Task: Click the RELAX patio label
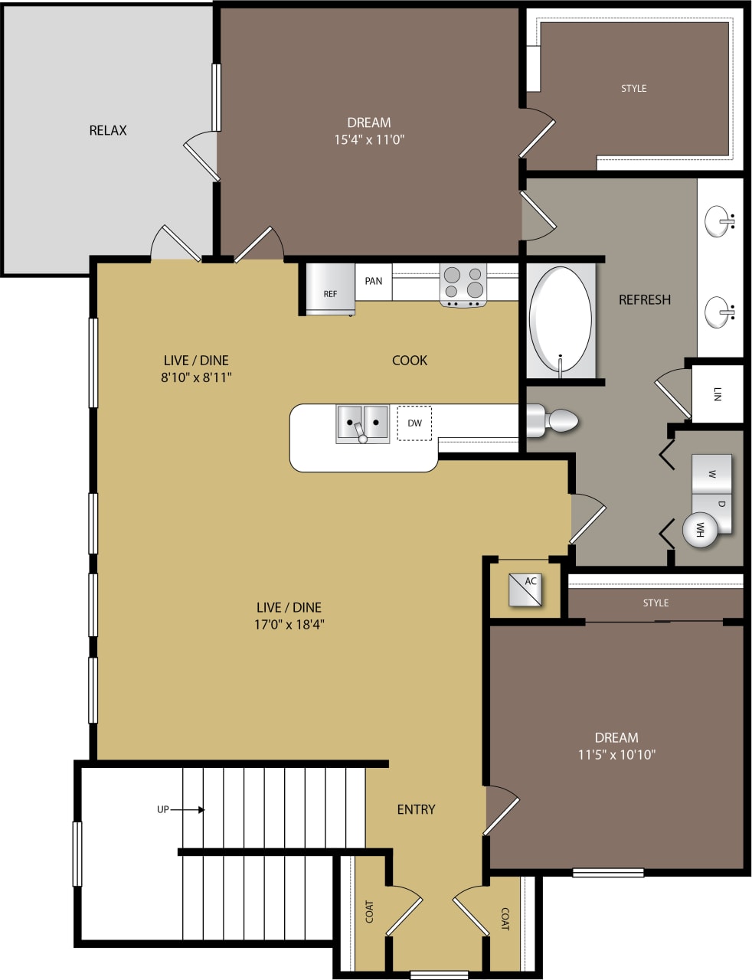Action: tap(108, 130)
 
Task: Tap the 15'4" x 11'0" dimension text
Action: tap(368, 139)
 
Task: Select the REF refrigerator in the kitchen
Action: tap(329, 289)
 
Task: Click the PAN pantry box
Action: tap(374, 281)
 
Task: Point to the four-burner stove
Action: tap(463, 284)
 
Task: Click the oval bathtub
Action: tap(561, 320)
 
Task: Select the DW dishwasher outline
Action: tap(414, 423)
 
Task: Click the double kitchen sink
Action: tap(362, 423)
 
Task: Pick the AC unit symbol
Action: tap(526, 590)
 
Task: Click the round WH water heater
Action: tap(700, 529)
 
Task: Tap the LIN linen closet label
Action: tap(717, 394)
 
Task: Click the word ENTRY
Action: tap(416, 809)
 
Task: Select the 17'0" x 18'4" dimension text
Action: tap(289, 624)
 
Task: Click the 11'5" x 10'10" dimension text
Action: tap(616, 754)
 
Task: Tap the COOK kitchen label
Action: tap(410, 360)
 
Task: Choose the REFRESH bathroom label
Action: tap(645, 299)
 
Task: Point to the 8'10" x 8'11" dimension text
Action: tap(196, 377)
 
